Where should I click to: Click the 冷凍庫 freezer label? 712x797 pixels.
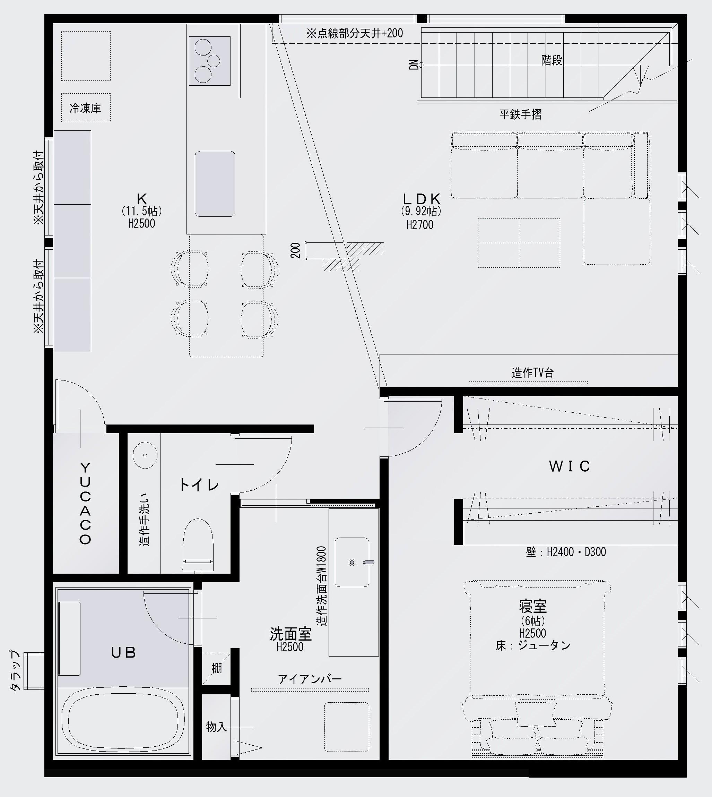85,108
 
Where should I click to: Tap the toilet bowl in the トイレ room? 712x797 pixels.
198,545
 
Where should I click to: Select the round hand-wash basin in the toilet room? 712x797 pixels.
145,455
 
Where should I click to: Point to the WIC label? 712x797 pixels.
570,466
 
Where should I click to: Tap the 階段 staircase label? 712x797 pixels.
552,60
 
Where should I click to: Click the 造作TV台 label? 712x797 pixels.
532,373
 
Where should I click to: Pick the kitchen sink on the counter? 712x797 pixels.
215,183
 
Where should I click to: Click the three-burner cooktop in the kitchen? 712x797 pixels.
210,61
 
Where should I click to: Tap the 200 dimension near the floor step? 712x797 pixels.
296,250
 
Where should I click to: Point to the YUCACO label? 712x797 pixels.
85,503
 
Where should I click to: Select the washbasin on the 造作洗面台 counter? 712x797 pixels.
352,562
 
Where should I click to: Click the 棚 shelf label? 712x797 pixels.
216,668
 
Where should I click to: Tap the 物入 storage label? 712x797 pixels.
216,727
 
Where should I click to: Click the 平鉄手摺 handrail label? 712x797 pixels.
520,114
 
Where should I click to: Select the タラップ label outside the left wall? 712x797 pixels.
15,670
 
